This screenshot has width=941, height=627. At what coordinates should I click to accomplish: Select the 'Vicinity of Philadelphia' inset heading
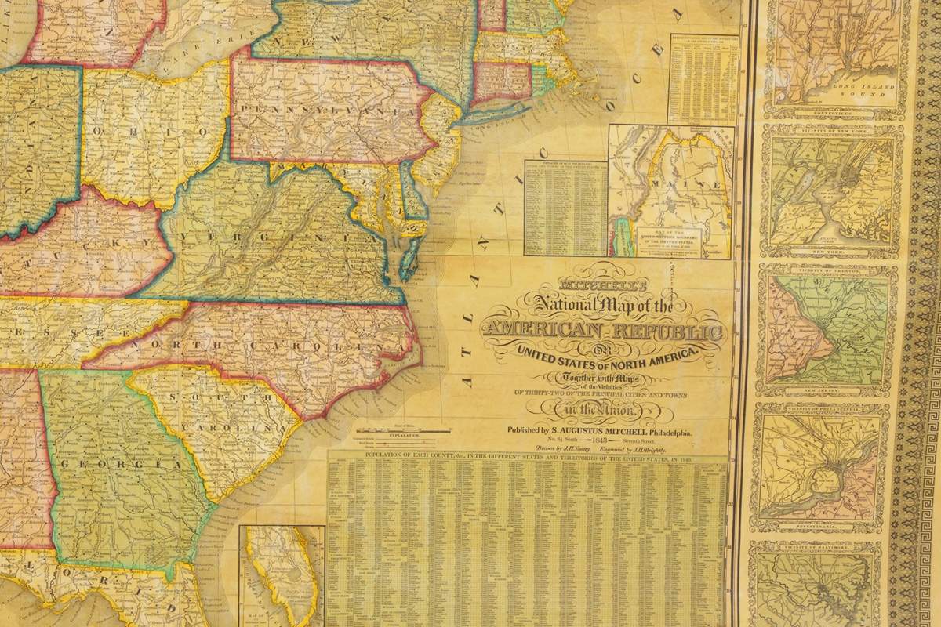822,408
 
